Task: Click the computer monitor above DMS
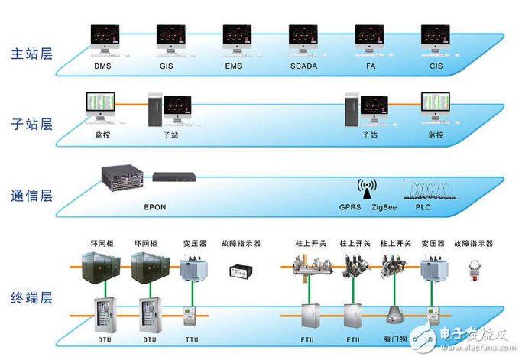(105, 37)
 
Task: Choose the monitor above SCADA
(303, 37)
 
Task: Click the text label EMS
(233, 66)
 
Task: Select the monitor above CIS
(436, 37)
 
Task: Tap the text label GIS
(167, 66)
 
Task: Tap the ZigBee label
(384, 206)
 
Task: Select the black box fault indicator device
(242, 271)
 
